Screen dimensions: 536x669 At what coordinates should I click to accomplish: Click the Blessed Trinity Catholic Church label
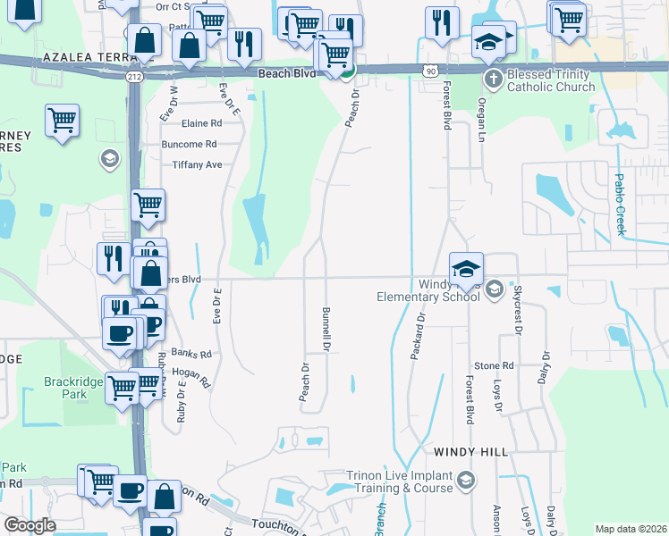(550, 80)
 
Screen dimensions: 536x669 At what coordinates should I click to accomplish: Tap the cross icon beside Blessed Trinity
(492, 79)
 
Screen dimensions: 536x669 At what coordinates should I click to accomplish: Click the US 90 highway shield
(431, 70)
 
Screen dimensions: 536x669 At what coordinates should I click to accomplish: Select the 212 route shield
(133, 77)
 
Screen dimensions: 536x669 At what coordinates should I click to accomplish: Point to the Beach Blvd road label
(287, 74)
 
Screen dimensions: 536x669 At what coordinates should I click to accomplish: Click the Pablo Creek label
(619, 204)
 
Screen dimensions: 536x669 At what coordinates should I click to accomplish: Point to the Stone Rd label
(494, 365)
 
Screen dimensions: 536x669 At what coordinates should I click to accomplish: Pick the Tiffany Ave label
(196, 164)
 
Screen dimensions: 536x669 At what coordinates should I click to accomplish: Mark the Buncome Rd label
(190, 144)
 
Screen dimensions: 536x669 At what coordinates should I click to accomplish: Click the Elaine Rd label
(201, 123)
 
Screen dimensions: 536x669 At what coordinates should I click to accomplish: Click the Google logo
(30, 525)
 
